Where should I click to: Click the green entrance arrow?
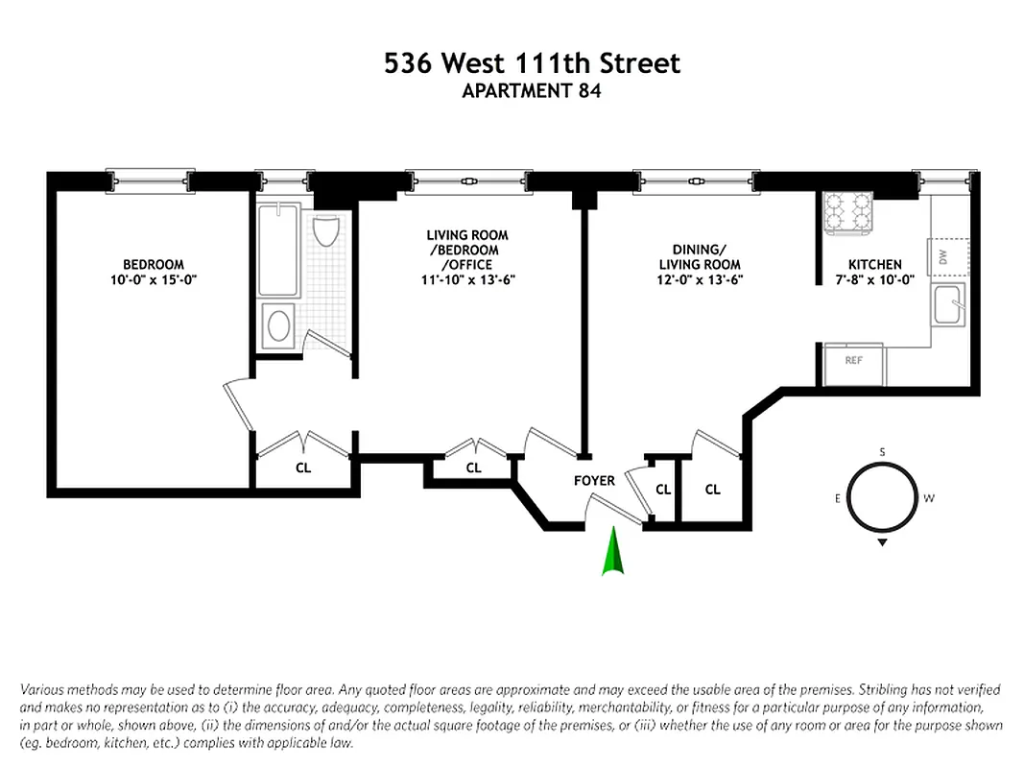point(611,554)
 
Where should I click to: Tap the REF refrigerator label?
point(853,361)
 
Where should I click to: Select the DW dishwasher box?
point(943,256)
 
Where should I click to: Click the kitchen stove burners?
point(848,213)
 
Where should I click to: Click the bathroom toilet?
point(326,230)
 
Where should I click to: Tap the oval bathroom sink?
point(278,325)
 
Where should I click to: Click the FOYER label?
point(594,481)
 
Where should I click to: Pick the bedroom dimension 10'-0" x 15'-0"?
point(154,280)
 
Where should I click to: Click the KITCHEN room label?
point(875,265)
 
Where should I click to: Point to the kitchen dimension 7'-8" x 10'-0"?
point(875,280)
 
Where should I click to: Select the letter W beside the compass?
point(928,499)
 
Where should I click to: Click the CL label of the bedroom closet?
point(303,468)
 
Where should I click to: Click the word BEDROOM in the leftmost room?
point(154,265)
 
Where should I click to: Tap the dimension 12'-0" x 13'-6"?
point(700,280)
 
